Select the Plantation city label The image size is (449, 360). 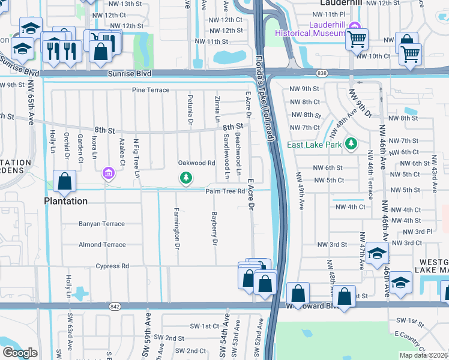(x=65, y=201)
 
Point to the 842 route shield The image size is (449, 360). (x=115, y=306)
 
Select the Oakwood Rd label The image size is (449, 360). (x=196, y=163)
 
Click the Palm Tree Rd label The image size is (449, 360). (x=225, y=191)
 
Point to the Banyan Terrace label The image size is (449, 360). (x=101, y=224)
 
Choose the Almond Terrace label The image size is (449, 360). (x=102, y=245)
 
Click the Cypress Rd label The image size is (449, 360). (x=112, y=266)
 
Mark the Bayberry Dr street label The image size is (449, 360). (x=213, y=229)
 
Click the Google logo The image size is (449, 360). (x=20, y=353)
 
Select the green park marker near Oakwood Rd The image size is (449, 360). (x=187, y=177)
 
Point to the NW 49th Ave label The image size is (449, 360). (x=298, y=191)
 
